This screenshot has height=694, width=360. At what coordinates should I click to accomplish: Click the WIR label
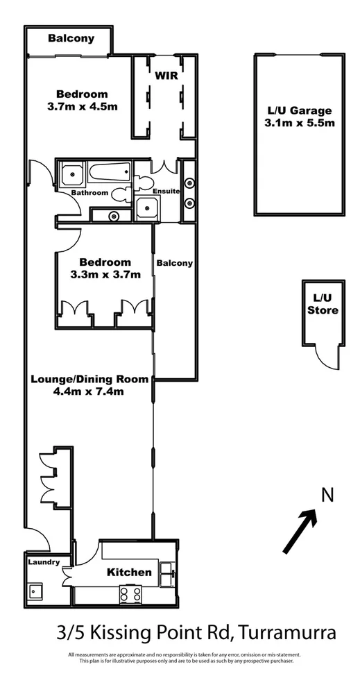click(167, 74)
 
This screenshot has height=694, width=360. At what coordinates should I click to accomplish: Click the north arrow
click(300, 531)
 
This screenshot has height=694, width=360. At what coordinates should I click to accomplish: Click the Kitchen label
click(129, 573)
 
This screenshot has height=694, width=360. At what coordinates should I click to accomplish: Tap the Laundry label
click(44, 562)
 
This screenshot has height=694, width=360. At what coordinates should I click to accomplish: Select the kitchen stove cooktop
click(131, 593)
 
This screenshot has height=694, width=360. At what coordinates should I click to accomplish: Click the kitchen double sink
click(167, 573)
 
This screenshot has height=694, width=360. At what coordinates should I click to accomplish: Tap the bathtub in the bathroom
click(110, 170)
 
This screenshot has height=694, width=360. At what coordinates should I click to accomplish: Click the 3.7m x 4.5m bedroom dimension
click(82, 107)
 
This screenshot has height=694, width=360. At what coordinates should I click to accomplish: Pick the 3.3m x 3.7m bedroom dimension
click(105, 274)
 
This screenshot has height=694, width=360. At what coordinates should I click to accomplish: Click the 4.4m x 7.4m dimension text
click(89, 391)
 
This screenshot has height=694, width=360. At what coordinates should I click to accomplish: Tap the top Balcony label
click(71, 39)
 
